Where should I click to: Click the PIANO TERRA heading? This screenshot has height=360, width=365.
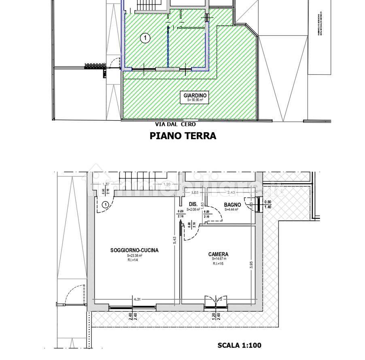pyautogui.click(x=183, y=136)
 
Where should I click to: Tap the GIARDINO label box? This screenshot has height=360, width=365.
pyautogui.click(x=195, y=97)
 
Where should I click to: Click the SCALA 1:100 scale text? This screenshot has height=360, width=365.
pyautogui.click(x=240, y=345)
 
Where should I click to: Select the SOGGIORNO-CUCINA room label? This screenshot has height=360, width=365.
pyautogui.click(x=134, y=250)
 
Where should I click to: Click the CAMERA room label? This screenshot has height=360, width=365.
pyautogui.click(x=218, y=254)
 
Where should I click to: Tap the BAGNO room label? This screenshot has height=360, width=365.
pyautogui.click(x=232, y=205)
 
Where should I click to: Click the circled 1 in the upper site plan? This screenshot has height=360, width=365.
pyautogui.click(x=145, y=38)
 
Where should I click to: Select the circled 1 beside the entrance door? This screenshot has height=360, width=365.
pyautogui.click(x=105, y=205)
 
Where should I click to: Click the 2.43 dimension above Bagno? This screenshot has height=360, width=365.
pyautogui.click(x=231, y=193)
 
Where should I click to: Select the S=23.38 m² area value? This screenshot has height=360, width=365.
pyautogui.click(x=134, y=256)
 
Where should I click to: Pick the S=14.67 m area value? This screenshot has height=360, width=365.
pyautogui.click(x=218, y=259)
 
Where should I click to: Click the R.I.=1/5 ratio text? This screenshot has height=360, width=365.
pyautogui.click(x=218, y=264)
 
